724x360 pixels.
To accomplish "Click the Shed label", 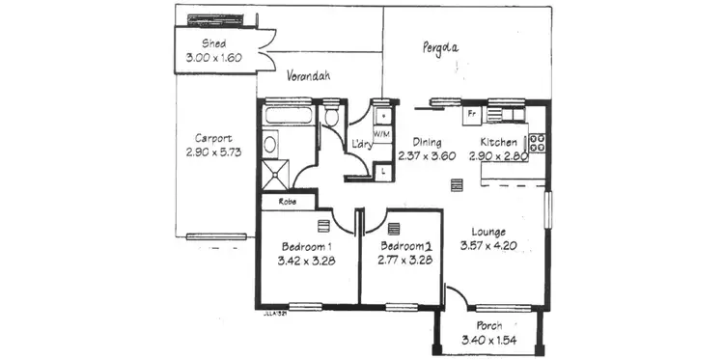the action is [x=213, y=44].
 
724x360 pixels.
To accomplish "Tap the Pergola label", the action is [x=439, y=46].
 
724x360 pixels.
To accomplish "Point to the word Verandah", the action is [x=309, y=76].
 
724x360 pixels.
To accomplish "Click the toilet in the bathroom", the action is [x=331, y=118].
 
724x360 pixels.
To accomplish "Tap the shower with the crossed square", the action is [x=277, y=175].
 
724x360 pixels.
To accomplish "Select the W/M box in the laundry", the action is [x=382, y=134].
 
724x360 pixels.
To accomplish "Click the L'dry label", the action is [x=362, y=145].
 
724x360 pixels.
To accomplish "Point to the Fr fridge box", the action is [x=472, y=114].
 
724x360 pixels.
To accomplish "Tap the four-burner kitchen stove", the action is [x=538, y=142].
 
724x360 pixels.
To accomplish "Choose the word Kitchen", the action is [x=499, y=142].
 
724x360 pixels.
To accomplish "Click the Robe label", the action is [x=287, y=202].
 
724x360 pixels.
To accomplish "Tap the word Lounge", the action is [x=489, y=232].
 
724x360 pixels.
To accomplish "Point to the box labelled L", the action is [x=383, y=172].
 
